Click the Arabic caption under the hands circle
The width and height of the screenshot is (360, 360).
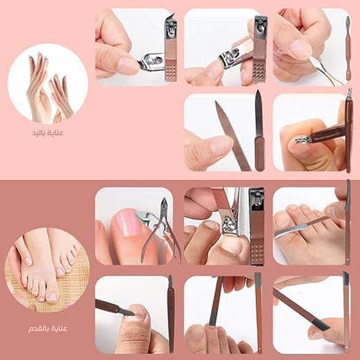[48, 133]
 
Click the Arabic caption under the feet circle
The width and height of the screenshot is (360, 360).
[48, 329]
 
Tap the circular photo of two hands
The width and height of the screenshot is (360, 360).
[48, 84]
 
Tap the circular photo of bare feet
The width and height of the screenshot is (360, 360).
[47, 270]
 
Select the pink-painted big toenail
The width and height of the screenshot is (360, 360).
[125, 224]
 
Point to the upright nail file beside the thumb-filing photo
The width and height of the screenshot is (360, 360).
[259, 130]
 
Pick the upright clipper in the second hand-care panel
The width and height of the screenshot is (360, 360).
[260, 49]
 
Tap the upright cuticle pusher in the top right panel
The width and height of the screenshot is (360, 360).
[348, 48]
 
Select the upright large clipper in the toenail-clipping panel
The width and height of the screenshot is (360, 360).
[256, 226]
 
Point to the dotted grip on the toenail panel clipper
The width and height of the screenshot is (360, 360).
[257, 252]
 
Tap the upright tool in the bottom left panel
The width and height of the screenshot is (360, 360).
[170, 314]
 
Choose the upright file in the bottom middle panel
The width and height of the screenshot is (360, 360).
[259, 313]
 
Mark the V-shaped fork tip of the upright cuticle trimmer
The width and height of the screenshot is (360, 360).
[350, 93]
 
